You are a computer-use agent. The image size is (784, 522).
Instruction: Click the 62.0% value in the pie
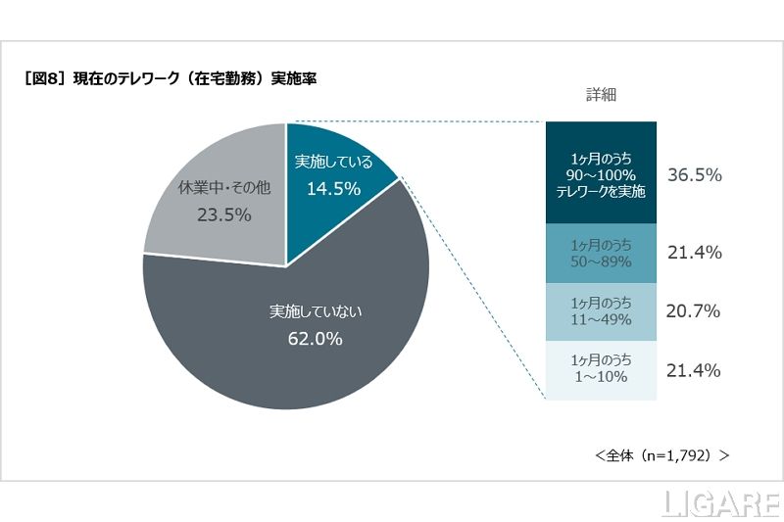(x=316, y=339)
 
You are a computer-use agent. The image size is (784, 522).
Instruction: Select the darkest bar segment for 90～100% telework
(x=601, y=174)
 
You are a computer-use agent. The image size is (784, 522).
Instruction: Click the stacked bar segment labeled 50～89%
(x=601, y=253)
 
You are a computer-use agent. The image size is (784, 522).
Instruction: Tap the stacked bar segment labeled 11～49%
(x=601, y=311)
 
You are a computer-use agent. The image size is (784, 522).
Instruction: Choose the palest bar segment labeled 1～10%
(x=601, y=370)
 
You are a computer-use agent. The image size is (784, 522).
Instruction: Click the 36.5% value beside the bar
(x=694, y=175)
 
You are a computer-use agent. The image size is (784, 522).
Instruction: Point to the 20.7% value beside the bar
(x=693, y=311)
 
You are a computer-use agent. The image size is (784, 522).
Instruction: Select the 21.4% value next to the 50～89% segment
(x=694, y=253)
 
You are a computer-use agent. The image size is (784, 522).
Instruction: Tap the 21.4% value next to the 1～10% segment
(x=694, y=370)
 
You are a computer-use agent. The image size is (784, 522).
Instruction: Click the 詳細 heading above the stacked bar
(x=601, y=95)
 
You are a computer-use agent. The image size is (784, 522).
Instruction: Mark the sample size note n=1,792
(x=661, y=455)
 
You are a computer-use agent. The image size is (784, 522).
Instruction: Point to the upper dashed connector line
(x=416, y=122)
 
